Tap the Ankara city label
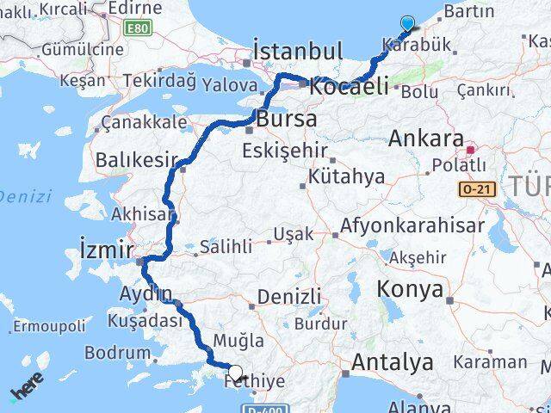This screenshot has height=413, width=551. click(426, 138)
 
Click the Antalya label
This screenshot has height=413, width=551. click(392, 362)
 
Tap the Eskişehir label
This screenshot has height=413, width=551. click(285, 151)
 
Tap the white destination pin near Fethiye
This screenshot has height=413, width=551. click(235, 373)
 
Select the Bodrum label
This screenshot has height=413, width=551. click(123, 353)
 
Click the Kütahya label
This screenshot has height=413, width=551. click(349, 177)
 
